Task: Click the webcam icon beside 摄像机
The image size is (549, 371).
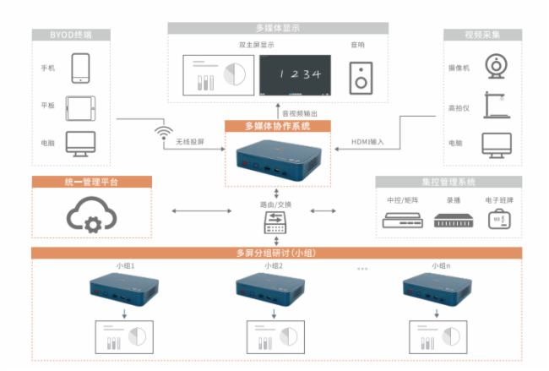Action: (494, 65)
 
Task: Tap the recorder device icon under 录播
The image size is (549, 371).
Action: (449, 221)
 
